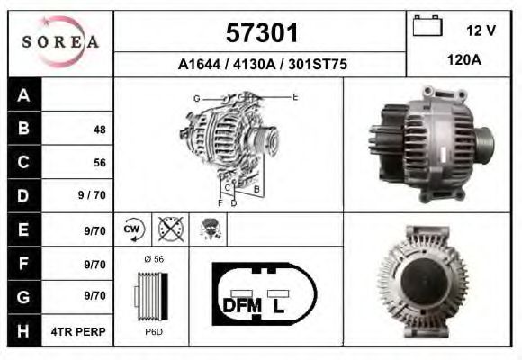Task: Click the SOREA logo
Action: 60,42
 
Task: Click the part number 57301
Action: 260,33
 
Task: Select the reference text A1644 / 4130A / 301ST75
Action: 261,65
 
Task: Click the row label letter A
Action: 24,96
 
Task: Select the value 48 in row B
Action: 99,130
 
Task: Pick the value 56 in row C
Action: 99,163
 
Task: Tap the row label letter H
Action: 24,330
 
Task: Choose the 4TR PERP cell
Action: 80,330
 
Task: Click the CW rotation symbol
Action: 132,229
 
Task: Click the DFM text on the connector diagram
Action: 240,305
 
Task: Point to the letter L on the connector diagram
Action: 279,305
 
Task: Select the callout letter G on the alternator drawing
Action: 195,97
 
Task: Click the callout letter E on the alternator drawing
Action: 294,95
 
